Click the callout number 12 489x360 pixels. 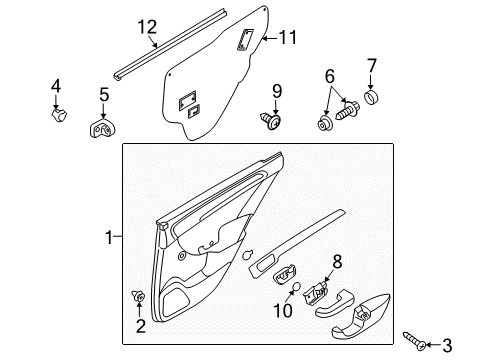(x=147, y=27)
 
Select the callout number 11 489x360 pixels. (x=288, y=39)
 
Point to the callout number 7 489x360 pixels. (x=372, y=67)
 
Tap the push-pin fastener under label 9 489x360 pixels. (x=272, y=120)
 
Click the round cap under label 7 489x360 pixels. (x=372, y=99)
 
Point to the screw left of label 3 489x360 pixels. (x=414, y=339)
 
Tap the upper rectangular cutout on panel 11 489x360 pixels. (x=244, y=40)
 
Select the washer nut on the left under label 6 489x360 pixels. (x=325, y=124)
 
